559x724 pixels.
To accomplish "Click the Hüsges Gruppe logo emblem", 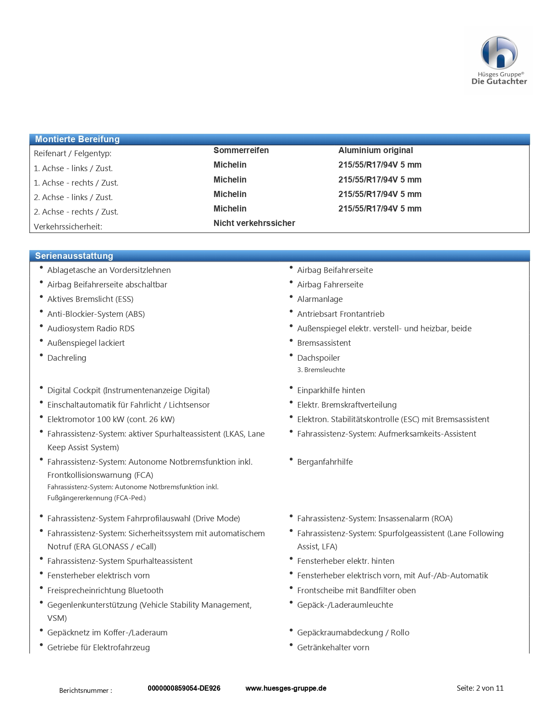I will click(499, 53).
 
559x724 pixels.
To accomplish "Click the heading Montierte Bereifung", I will click(77, 139).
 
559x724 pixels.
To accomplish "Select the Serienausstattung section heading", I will click(74, 256).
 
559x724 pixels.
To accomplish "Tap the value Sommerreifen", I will click(241, 150).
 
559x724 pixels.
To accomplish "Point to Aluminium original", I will click(375, 150).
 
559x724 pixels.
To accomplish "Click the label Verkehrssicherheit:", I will click(68, 226).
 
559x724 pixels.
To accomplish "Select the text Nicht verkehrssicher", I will click(254, 223).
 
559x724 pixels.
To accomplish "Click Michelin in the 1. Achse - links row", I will click(230, 165).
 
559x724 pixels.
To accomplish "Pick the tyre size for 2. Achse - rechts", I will click(380, 208).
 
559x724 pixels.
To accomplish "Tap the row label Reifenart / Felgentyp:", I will click(73, 154).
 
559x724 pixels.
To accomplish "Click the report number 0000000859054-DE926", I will click(184, 688).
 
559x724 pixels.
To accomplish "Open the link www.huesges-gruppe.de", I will click(286, 688).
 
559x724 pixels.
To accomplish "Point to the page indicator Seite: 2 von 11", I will click(480, 688).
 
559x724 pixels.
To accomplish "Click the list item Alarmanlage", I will click(320, 299).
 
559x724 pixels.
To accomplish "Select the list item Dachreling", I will click(67, 358).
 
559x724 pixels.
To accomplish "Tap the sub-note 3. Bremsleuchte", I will click(321, 370).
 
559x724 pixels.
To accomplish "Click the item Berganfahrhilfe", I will click(325, 462).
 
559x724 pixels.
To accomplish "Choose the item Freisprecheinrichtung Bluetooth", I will click(105, 591).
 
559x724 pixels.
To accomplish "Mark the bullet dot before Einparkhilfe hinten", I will click(291, 388).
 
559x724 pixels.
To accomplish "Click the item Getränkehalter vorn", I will click(333, 648).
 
